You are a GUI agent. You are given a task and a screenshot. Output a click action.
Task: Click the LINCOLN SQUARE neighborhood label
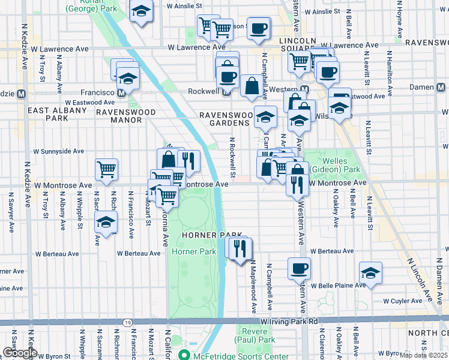[x=289, y=40]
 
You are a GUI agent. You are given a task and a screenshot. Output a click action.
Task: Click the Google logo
[x=19, y=353]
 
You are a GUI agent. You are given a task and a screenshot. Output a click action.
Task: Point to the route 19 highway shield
[x=128, y=322]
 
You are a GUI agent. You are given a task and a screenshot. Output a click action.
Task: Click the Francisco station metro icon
[x=122, y=93]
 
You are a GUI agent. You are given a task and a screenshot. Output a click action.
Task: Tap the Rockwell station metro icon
[x=226, y=92]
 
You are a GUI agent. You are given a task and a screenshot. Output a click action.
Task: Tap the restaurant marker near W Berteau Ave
[x=241, y=248]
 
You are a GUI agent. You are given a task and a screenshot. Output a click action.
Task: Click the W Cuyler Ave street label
[x=403, y=301]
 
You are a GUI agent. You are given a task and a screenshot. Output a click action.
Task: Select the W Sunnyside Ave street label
[x=59, y=152]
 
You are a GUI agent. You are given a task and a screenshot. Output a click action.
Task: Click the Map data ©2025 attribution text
[x=424, y=355]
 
